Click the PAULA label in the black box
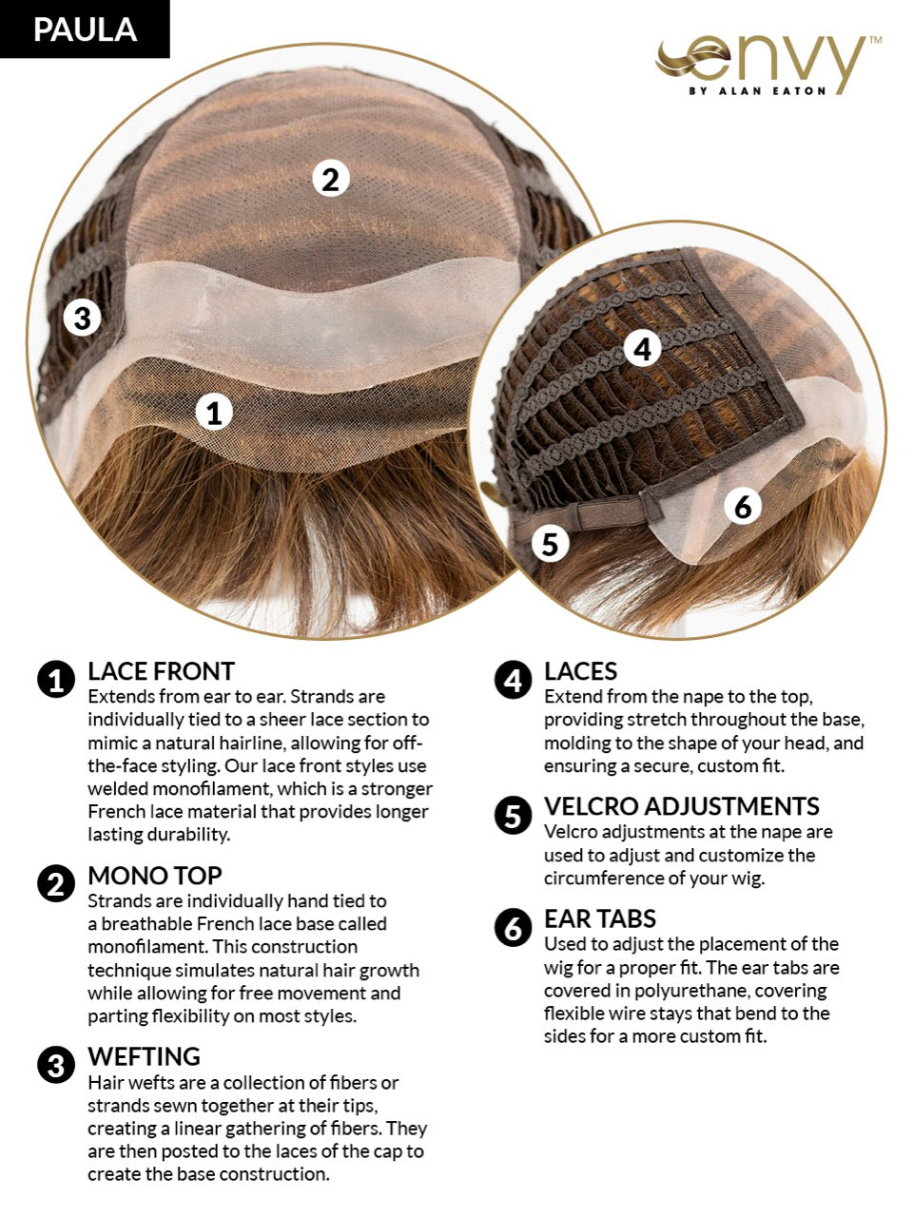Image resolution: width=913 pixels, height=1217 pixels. [x=85, y=29]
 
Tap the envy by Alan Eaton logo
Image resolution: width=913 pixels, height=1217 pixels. [x=768, y=67]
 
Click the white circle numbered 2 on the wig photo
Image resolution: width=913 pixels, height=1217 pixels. [x=330, y=179]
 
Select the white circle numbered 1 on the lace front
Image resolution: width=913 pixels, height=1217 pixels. [x=214, y=412]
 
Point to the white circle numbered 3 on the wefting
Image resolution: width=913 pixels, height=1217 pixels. [x=82, y=319]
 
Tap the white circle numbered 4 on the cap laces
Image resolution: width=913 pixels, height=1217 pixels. [x=642, y=349]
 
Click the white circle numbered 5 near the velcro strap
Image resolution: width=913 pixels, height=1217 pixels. [x=550, y=543]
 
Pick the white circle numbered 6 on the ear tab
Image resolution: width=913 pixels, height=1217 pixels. [x=743, y=506]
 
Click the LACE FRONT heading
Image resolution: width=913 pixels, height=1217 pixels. [x=162, y=671]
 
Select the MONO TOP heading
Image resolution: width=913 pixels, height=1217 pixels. [x=155, y=876]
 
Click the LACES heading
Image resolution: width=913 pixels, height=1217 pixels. [x=580, y=671]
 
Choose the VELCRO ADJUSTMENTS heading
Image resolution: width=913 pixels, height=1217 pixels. [x=681, y=806]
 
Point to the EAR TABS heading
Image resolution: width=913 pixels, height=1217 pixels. [x=600, y=919]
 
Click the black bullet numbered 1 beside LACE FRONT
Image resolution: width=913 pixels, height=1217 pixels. [x=56, y=679]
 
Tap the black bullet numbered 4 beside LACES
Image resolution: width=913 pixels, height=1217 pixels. [x=513, y=679]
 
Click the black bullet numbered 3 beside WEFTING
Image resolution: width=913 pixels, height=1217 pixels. [x=56, y=1065]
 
